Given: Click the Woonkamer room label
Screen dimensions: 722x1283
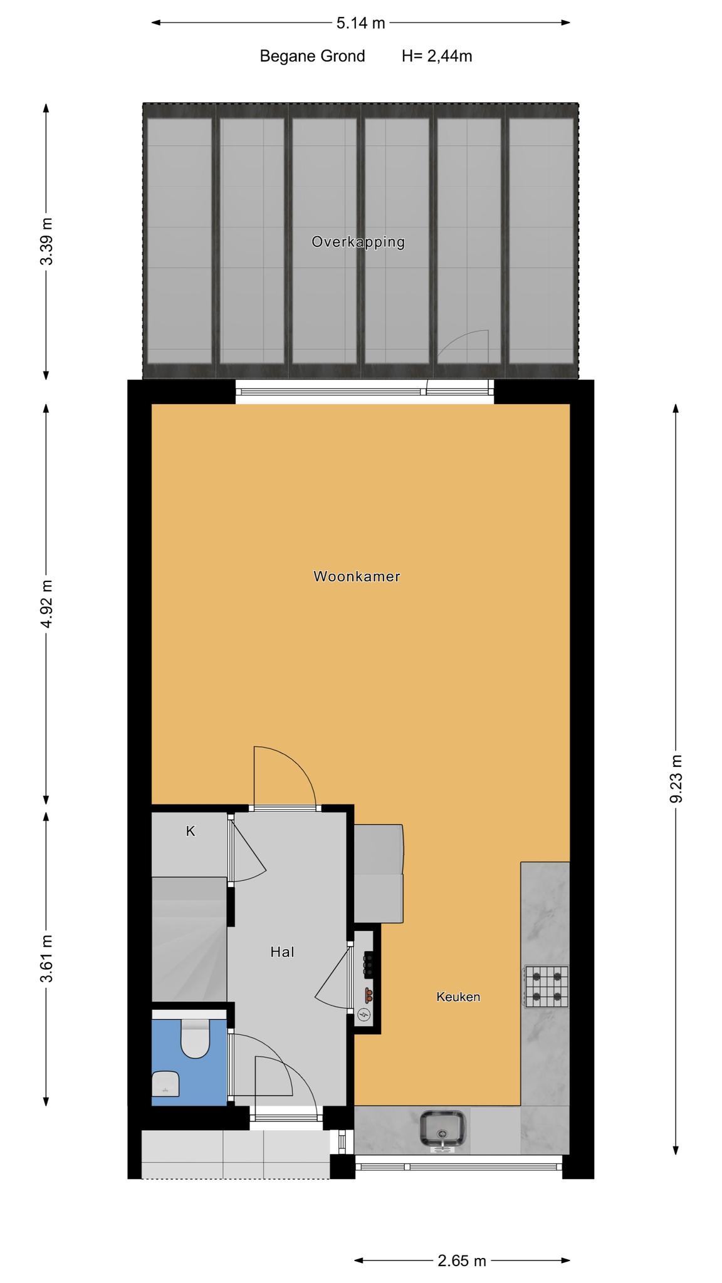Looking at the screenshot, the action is coord(357,576).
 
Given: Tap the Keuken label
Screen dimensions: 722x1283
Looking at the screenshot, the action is coord(458,997).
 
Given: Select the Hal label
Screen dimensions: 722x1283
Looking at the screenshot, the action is coord(282,952).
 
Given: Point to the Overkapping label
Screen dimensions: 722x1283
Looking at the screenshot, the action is coord(358,242).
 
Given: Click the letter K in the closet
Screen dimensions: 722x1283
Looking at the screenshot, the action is coord(191,831).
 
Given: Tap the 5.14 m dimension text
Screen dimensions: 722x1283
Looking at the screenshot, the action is coord(360,23).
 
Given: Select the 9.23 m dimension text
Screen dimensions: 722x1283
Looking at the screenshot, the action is coord(676,779).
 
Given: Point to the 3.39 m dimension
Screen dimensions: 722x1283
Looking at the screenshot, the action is coord(46,241).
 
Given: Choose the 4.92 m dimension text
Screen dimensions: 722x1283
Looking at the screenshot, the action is coord(46,605).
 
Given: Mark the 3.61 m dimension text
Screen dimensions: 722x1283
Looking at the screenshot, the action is coord(46,958).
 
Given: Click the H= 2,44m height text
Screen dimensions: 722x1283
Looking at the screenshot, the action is coord(437,56).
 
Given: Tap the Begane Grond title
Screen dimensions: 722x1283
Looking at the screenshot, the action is coord(312,56).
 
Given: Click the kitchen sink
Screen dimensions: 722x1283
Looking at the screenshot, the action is coord(442,1131).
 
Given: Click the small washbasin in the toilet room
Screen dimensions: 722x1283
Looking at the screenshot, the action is coord(165,1084).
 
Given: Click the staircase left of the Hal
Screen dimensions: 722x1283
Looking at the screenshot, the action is coord(189,939).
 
